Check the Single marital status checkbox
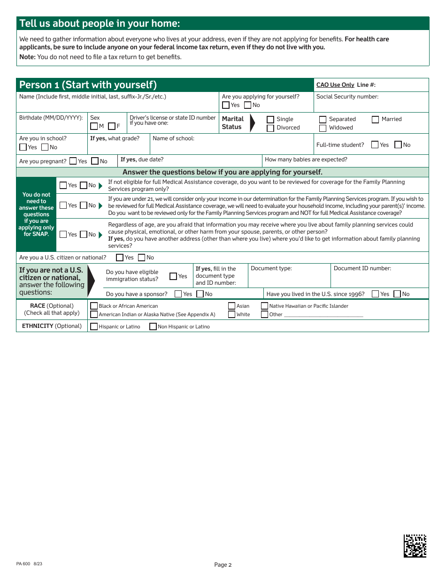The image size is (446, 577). tap(270, 120)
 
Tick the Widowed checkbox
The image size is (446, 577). tap(323, 128)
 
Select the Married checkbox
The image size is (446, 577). tap(375, 120)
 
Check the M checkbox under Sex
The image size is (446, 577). tap(94, 126)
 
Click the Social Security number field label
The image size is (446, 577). tap(347, 97)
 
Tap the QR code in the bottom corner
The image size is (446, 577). tap(415, 546)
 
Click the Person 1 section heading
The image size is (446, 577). tap(88, 85)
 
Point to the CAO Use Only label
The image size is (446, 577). tap(335, 85)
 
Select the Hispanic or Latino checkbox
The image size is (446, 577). tap(94, 326)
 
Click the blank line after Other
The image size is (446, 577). tap(323, 315)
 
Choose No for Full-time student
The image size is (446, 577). tap(398, 145)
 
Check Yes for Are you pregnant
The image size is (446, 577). tap(73, 161)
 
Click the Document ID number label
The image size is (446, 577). tap(362, 269)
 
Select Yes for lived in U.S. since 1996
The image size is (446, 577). tap(375, 294)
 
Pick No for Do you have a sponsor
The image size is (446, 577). tap(200, 294)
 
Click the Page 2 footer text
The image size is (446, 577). tap(223, 565)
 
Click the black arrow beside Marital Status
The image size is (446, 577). tap(252, 123)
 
